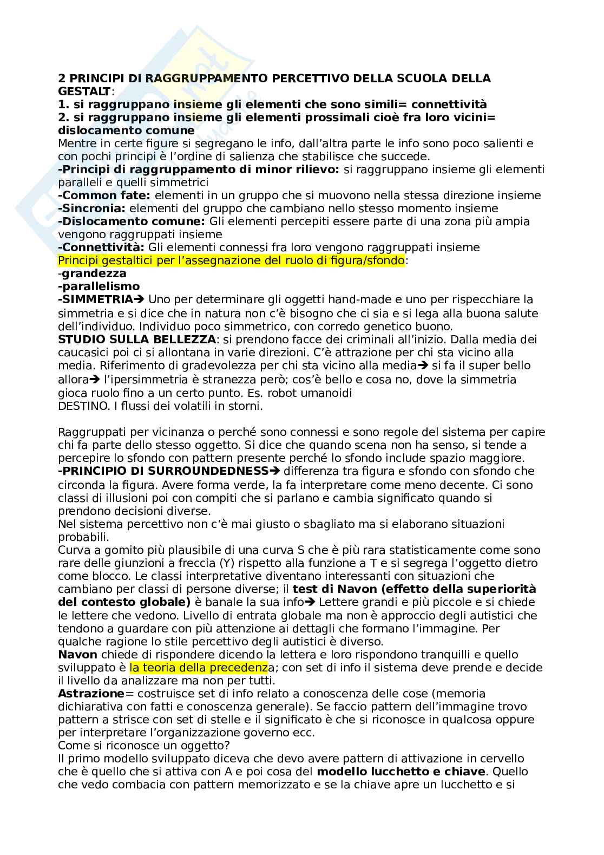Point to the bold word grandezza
(94, 273)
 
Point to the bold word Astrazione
(91, 694)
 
